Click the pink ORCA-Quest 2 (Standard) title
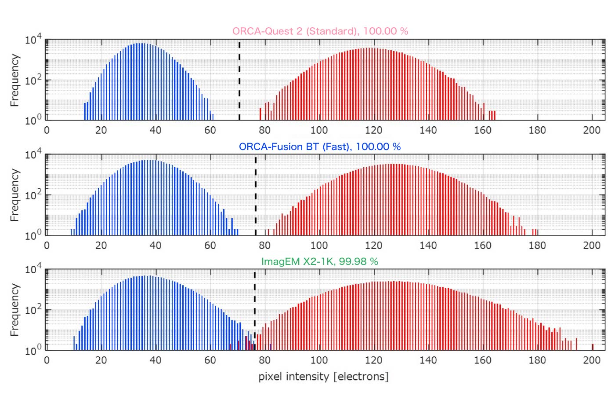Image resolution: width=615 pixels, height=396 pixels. [x=320, y=31]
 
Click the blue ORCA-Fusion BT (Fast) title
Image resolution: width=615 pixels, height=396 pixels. [x=320, y=147]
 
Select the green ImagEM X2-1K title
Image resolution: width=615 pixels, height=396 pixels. [x=320, y=261]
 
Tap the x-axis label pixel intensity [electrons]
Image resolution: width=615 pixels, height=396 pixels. [x=323, y=377]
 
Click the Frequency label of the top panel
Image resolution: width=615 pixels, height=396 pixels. [x=15, y=80]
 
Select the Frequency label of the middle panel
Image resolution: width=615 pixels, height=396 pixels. [x=15, y=195]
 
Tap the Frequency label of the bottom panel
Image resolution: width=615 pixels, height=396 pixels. [x=15, y=310]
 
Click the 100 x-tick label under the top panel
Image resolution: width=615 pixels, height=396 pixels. [x=319, y=130]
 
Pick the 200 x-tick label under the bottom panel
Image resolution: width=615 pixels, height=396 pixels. [x=591, y=360]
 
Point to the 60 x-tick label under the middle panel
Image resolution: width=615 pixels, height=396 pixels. [x=210, y=246]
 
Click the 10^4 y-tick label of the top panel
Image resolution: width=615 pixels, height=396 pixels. [x=33, y=40]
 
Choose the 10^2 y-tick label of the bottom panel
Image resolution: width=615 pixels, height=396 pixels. [x=33, y=310]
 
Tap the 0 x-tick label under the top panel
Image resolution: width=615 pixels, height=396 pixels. [x=47, y=130]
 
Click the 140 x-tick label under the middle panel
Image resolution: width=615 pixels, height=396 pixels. [x=428, y=246]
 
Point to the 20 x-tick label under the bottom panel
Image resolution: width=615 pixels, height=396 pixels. [x=101, y=360]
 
